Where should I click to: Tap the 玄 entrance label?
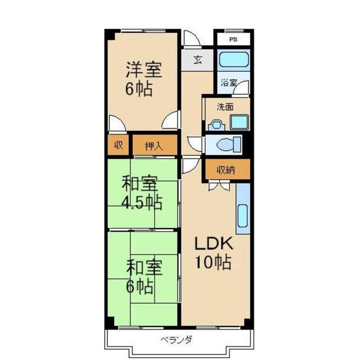coord(197,59)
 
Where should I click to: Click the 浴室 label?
coord(228,82)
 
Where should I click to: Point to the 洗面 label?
coord(225,107)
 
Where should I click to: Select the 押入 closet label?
coord(154,145)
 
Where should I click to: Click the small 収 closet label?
coord(119,145)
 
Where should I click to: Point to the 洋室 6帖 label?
coord(142,79)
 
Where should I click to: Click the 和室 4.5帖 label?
coord(142,191)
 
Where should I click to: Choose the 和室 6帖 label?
coord(143,274)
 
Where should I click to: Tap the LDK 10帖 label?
coord(212,254)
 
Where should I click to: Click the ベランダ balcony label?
coord(176,340)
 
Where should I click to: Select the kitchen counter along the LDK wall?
coord(242,208)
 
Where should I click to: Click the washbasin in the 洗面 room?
coord(216,125)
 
